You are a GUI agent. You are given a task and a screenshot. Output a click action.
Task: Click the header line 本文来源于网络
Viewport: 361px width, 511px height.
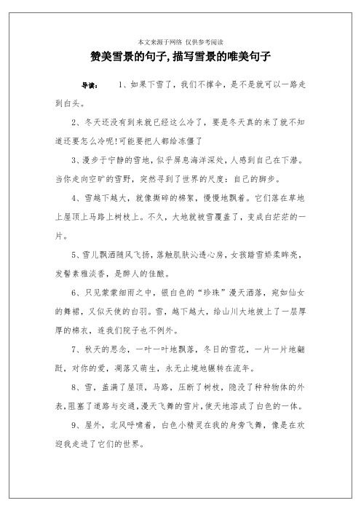pyautogui.click(x=159, y=41)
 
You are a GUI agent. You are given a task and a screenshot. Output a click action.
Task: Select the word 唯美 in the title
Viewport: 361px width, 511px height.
pyautogui.click(x=240, y=56)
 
